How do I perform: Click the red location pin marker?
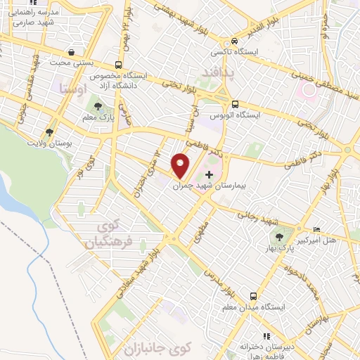pos(181,165)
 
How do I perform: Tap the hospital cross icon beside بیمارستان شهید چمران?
pos(209,174)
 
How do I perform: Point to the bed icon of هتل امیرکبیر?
pos(316,230)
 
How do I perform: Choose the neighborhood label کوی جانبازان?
pos(157,348)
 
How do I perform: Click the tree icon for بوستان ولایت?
pos(49,131)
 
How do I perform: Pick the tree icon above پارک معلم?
pos(107,106)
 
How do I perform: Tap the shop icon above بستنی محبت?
pos(72,52)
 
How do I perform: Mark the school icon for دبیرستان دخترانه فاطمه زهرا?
pos(266,336)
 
